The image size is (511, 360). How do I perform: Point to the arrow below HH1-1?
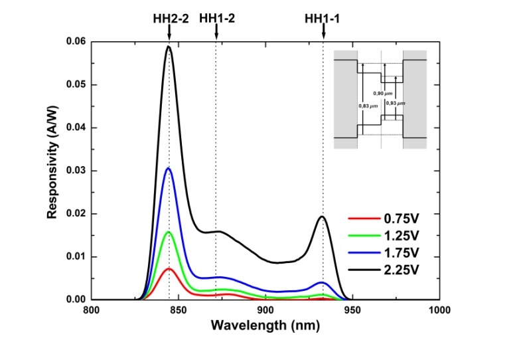[323, 35]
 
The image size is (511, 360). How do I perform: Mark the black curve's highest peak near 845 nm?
[169, 46]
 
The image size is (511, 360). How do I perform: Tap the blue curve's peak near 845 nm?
[169, 168]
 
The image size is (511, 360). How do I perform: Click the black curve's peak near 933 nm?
[323, 217]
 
